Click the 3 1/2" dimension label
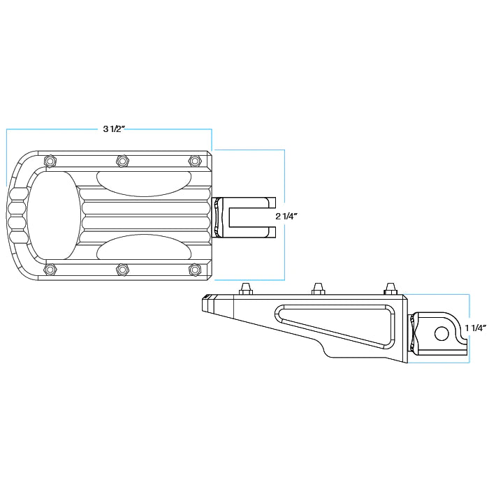tap(114, 129)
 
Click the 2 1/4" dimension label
tap(287, 217)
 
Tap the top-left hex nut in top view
tap(49, 161)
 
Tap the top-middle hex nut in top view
tap(122, 161)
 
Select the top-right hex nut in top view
tap(195, 161)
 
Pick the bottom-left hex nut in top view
tap(49, 269)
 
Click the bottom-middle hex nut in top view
tap(122, 269)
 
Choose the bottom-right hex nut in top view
tap(195, 269)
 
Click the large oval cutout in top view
tap(52, 215)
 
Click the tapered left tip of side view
tap(208, 305)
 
